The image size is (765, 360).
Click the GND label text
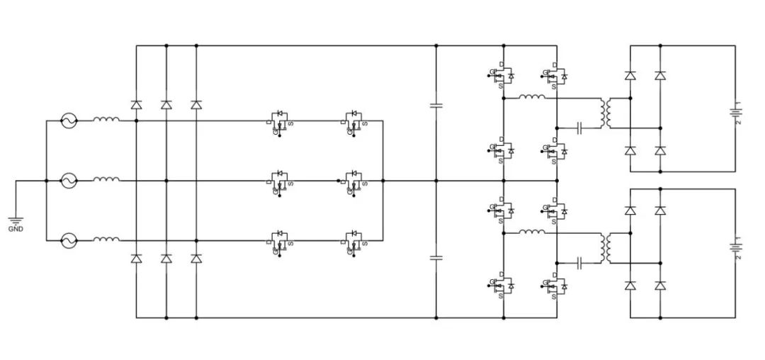click(16, 230)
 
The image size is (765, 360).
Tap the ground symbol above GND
click(16, 220)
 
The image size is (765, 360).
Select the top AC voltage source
click(69, 121)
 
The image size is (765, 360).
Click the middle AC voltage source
click(69, 181)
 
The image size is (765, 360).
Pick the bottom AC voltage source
click(69, 241)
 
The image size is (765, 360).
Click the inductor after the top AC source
click(106, 120)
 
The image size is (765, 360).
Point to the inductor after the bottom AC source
click(106, 240)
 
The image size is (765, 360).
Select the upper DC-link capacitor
click(436, 106)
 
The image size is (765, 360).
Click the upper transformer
click(606, 113)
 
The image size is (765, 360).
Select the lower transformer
click(606, 247)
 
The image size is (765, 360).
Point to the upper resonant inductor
click(531, 97)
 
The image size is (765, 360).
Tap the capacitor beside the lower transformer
click(580, 263)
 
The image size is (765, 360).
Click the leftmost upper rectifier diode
click(136, 104)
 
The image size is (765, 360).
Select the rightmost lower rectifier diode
click(196, 259)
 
